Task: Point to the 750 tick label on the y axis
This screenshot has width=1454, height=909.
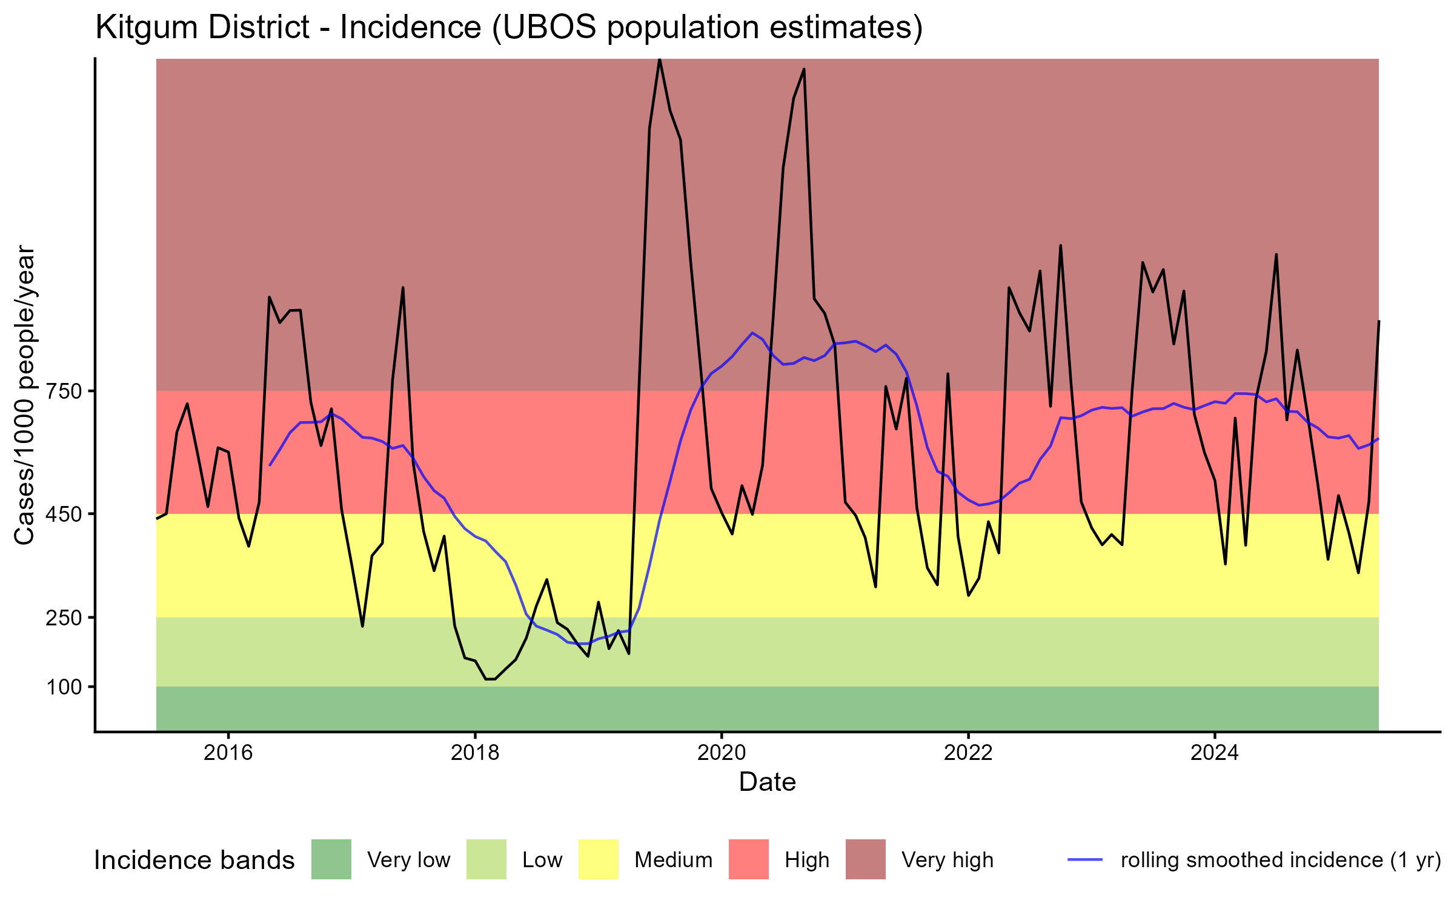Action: point(64,391)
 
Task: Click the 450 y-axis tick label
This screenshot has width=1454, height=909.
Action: point(64,514)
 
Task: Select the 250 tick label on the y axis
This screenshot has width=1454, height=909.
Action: point(64,618)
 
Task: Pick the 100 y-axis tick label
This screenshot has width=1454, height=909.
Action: point(64,687)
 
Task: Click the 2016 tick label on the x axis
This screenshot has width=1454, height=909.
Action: point(228,753)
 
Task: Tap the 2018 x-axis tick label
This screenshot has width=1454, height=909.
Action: point(475,753)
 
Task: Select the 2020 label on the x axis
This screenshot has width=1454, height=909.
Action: point(722,753)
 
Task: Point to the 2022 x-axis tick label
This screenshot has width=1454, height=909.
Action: point(968,753)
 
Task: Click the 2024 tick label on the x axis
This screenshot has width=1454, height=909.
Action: point(1215,753)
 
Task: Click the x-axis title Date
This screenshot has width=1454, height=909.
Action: point(767,782)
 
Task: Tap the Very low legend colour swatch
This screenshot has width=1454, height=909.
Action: point(331,859)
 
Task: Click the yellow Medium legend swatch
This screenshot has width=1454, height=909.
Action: point(599,859)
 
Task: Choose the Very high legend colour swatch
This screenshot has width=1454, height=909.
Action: point(866,859)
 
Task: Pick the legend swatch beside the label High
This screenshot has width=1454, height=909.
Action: point(749,859)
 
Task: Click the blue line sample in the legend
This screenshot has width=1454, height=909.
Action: point(1085,859)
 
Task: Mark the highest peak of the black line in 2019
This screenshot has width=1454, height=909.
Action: point(659,59)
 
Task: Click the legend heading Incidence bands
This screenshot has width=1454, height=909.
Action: point(194,861)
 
